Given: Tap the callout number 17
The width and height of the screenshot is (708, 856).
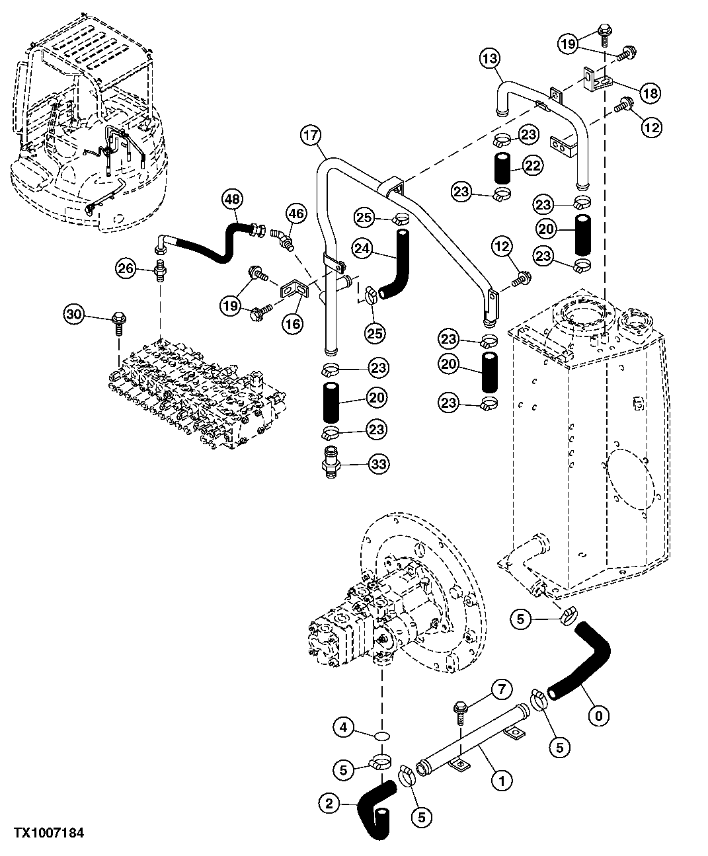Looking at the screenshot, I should [x=311, y=136].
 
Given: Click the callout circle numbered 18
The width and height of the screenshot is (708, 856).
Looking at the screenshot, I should [x=650, y=93].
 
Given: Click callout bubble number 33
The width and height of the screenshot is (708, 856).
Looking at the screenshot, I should [x=378, y=465].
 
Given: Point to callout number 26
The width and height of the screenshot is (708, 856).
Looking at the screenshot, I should [x=125, y=268].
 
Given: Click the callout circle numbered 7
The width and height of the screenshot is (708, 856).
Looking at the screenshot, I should [x=500, y=691].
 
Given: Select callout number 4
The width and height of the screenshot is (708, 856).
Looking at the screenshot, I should [x=342, y=728].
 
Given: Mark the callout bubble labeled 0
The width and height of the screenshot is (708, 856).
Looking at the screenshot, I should [x=599, y=714].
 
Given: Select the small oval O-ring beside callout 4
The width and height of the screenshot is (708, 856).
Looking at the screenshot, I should [x=381, y=735].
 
